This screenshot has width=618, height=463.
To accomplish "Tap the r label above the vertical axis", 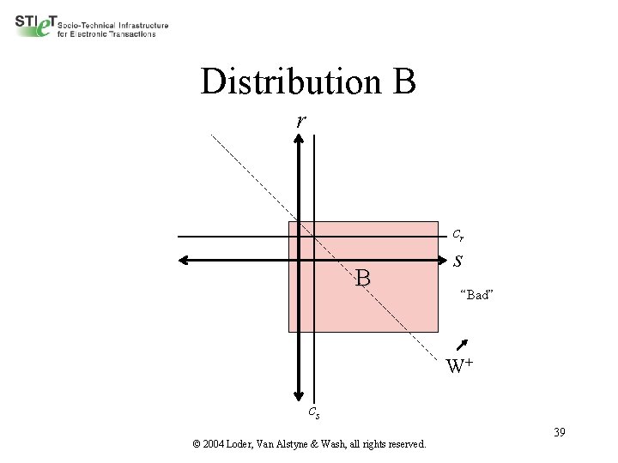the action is coord(300,121).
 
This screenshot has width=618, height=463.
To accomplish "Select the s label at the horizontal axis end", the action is coord(458,260).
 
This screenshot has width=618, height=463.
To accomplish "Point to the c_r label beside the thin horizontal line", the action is coord(458,234).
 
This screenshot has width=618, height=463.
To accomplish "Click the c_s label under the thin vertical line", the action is coord(315,412).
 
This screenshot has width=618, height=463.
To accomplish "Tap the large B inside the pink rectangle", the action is coord(363,278).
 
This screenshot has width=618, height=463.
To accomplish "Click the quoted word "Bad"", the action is coord(476,295).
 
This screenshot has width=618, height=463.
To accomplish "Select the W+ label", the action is coord(459,367).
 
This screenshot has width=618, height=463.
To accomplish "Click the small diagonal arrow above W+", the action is coord(463,344).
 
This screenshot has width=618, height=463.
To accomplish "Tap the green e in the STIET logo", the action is coord(45,27).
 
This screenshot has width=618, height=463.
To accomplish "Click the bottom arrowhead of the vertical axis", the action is coord(299,395).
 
